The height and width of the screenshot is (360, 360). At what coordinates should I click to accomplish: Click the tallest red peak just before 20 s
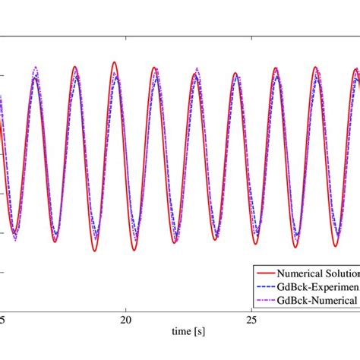pyautogui.click(x=114, y=62)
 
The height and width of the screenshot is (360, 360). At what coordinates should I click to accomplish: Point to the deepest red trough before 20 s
pyautogui.click(x=95, y=251)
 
